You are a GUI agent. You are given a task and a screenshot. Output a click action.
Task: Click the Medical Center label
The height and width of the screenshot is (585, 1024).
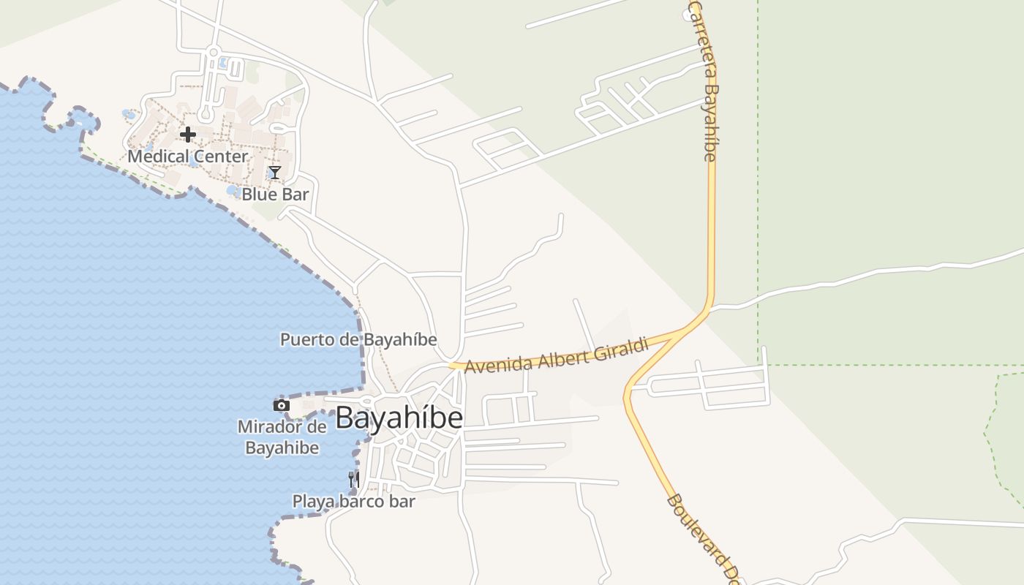(x=188, y=156)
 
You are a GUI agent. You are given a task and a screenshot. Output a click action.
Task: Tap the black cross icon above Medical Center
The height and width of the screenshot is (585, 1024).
(x=188, y=135)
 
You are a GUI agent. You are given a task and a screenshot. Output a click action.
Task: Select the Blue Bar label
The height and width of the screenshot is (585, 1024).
(x=275, y=195)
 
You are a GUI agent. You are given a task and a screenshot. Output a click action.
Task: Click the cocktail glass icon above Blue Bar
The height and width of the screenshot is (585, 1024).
(x=274, y=173)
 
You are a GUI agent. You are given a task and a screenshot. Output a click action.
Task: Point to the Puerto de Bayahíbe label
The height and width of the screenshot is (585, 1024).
(x=358, y=340)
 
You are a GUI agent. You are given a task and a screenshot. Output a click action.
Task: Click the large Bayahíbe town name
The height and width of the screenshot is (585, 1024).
(x=399, y=418)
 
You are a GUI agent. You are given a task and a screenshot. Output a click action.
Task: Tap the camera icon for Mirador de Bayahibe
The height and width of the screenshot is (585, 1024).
(x=282, y=405)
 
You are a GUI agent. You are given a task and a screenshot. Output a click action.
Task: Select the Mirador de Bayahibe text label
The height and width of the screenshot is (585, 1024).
(x=282, y=437)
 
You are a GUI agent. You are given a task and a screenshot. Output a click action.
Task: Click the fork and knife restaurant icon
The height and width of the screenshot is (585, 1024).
(x=354, y=480)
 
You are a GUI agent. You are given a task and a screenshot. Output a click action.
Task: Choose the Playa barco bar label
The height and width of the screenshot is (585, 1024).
(x=354, y=502)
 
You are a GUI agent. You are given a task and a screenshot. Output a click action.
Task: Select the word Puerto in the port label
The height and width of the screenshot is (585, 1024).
(x=304, y=340)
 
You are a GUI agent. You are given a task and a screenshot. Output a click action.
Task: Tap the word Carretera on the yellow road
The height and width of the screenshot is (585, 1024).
(x=701, y=40)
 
